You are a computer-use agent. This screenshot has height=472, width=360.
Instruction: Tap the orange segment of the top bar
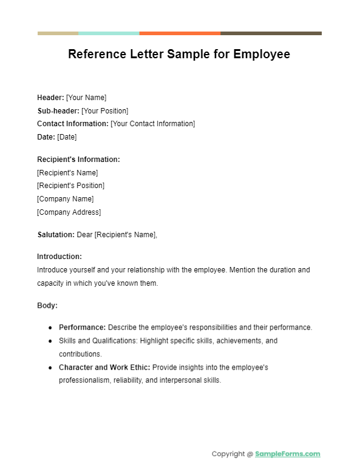tap(180, 33)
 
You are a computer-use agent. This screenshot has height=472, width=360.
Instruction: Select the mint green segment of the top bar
tap(109, 33)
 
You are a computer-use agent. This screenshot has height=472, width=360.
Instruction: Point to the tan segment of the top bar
tap(58, 33)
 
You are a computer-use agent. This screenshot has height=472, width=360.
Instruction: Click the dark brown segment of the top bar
tap(271, 33)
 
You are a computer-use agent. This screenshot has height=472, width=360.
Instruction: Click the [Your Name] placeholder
tap(86, 97)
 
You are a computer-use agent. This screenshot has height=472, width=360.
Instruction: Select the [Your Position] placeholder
tap(105, 110)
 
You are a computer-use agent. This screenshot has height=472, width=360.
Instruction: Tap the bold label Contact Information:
tap(73, 124)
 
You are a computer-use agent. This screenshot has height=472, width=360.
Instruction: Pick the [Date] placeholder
tap(67, 137)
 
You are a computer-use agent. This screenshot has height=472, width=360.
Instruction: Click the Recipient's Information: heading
tap(78, 160)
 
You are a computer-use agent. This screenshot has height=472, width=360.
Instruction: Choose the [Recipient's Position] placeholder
tap(70, 186)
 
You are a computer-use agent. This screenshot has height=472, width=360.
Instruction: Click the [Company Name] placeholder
tap(65, 199)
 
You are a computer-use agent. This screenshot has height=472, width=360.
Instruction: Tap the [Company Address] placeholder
tap(69, 212)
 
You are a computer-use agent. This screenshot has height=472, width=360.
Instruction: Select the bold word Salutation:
tap(56, 235)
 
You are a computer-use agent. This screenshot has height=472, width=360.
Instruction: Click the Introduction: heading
tap(59, 257)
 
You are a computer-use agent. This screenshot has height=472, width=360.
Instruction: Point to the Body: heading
tap(47, 306)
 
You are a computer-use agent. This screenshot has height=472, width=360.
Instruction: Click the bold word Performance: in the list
tap(83, 328)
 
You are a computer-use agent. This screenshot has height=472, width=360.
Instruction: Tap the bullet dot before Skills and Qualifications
tap(50, 341)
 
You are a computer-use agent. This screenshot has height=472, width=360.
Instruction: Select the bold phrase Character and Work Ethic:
tap(104, 368)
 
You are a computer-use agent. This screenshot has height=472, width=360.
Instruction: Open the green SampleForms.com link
tap(288, 454)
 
